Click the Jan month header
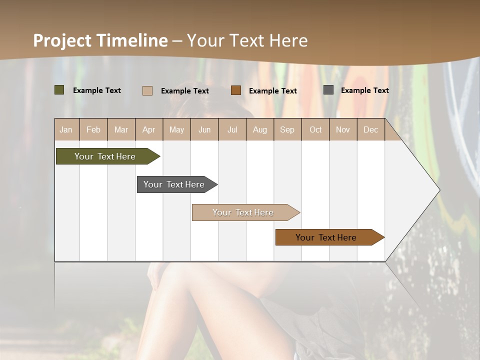click(x=66, y=129)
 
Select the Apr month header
click(x=149, y=129)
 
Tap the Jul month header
click(x=232, y=129)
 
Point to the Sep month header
click(x=287, y=129)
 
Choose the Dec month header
click(x=371, y=129)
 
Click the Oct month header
click(x=315, y=129)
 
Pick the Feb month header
click(x=93, y=129)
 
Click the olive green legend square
click(x=59, y=90)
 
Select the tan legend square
click(x=147, y=90)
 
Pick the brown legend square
click(x=236, y=90)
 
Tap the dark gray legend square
click(x=328, y=90)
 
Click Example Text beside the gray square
click(x=365, y=90)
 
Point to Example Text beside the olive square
click(x=97, y=90)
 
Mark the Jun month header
click(x=204, y=129)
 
